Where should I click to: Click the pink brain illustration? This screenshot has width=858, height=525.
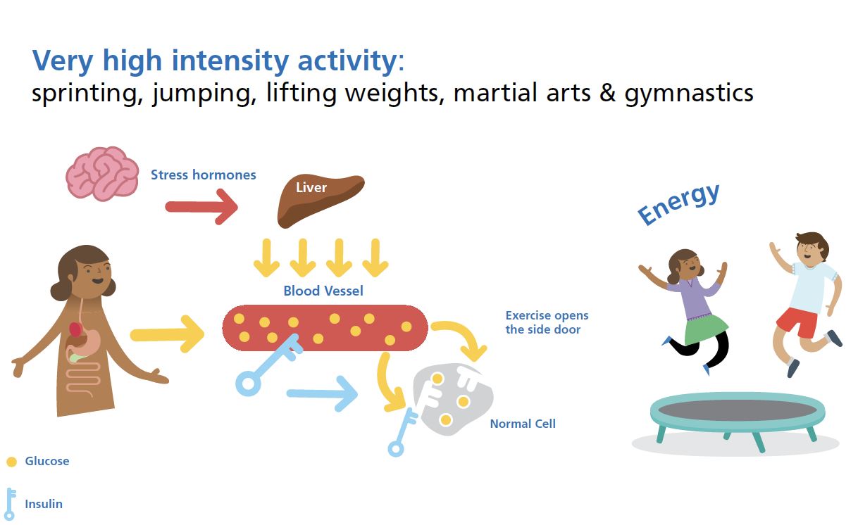pyautogui.click(x=101, y=173)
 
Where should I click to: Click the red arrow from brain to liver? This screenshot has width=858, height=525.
pyautogui.click(x=201, y=207)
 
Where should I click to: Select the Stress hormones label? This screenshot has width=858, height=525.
pyautogui.click(x=203, y=175)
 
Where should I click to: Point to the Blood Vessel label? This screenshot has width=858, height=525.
pyautogui.click(x=323, y=291)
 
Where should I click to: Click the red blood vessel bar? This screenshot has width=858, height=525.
pyautogui.click(x=325, y=327)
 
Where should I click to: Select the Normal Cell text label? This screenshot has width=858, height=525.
pyautogui.click(x=523, y=424)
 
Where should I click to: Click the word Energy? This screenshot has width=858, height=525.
pyautogui.click(x=678, y=203)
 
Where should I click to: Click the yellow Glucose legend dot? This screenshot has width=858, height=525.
pyautogui.click(x=11, y=462)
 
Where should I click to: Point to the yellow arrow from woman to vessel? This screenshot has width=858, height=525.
pyautogui.click(x=167, y=334)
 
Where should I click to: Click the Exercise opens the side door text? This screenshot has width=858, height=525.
pyautogui.click(x=547, y=322)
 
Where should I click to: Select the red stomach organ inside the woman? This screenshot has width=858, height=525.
pyautogui.click(x=76, y=328)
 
